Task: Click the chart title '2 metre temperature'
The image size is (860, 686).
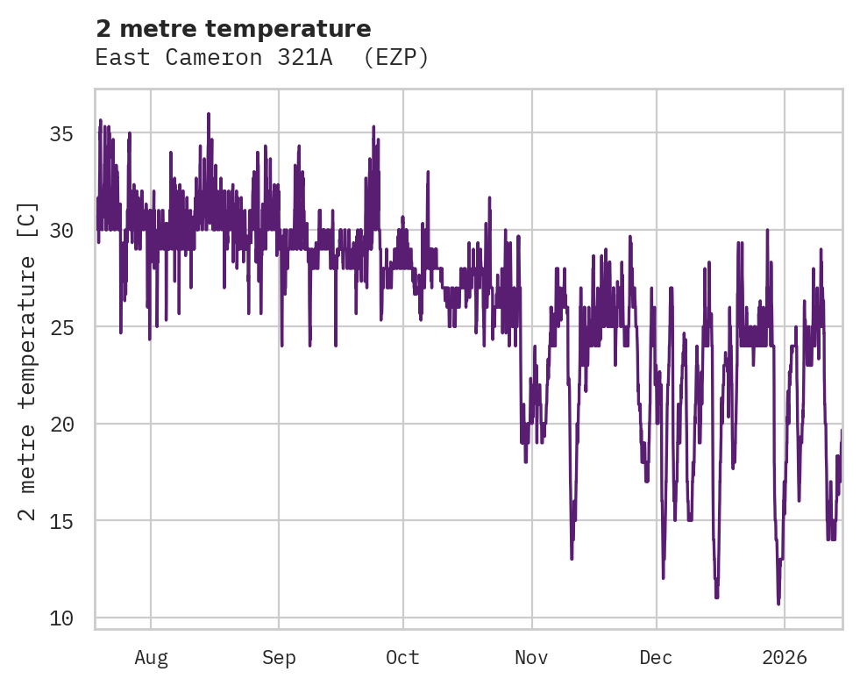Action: coord(233,29)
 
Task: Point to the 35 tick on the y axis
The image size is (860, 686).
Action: coord(61,134)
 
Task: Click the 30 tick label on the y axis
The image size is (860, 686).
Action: coord(61,231)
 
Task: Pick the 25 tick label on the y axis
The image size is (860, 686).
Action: coord(61,327)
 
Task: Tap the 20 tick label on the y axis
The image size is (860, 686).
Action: coord(61,425)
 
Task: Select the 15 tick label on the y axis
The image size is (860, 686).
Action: coord(61,521)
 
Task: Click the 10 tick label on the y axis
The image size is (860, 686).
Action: coord(61,618)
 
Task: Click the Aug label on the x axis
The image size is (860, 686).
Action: coord(151,658)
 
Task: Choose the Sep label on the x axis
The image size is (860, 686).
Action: coord(279,658)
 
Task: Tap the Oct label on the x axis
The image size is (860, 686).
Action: coord(403,658)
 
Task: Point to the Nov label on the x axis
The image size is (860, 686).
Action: coord(531,658)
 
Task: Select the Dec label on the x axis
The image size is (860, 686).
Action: coord(656,658)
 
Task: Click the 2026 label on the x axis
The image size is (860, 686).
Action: coord(784,658)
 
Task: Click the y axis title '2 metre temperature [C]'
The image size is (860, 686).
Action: coord(28,360)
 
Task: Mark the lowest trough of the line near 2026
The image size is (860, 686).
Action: coord(778,604)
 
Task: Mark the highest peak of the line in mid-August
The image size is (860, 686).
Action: coord(209,113)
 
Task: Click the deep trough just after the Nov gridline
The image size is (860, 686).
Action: coord(572,558)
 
